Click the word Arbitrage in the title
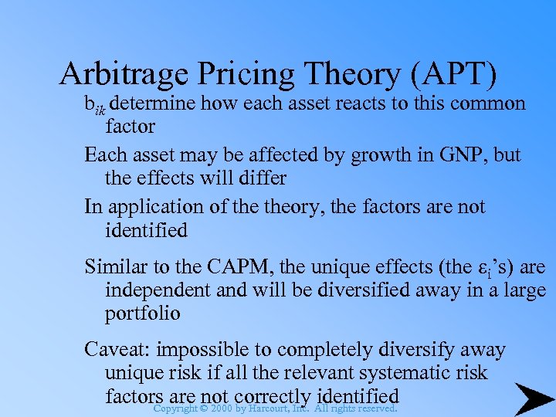pos(122,73)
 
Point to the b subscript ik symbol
pos(95,106)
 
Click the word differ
pos(262,178)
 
